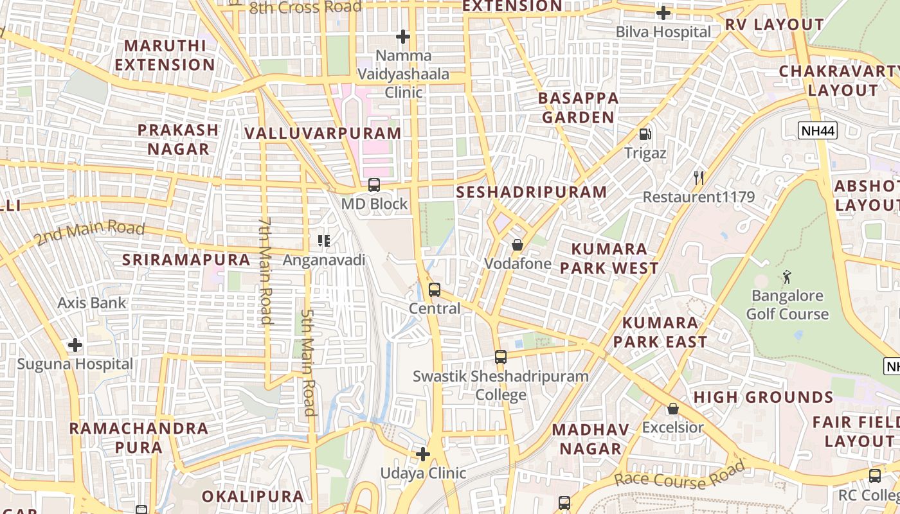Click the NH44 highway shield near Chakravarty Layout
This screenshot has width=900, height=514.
click(818, 131)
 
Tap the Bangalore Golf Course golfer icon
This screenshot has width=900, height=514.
click(787, 277)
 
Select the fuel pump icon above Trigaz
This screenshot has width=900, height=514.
click(645, 134)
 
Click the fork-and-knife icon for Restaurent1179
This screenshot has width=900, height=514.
click(699, 178)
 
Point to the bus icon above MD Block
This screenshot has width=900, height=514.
click(373, 185)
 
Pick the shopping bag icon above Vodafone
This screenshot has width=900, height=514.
click(517, 245)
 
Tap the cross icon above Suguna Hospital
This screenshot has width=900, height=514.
click(75, 345)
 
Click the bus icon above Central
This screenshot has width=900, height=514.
click(435, 290)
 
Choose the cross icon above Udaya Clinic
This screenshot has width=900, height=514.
click(422, 454)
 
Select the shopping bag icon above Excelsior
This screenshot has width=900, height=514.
click(672, 408)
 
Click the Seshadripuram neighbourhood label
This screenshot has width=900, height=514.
click(531, 192)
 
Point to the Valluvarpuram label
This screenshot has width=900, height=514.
click(323, 134)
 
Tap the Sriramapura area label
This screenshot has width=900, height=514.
click(186, 260)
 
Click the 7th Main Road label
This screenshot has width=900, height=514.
click(265, 270)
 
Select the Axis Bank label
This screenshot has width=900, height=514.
click(92, 303)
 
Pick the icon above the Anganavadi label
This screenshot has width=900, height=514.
click(324, 241)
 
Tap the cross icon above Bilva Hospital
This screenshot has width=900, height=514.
click(663, 13)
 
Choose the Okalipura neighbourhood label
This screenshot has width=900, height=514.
click(253, 497)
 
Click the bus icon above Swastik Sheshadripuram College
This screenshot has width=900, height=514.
click(501, 357)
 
